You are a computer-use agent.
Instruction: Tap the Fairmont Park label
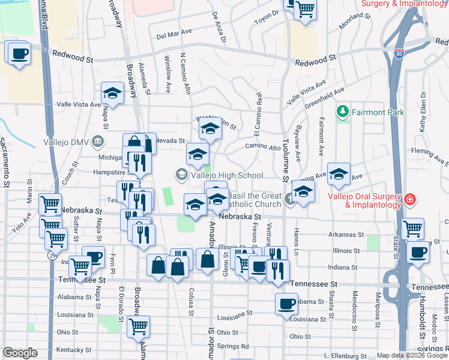[378, 112]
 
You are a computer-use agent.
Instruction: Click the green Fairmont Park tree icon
[343, 112]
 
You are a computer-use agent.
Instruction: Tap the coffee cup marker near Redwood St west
[19, 53]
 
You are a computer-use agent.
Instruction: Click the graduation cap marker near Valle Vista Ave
[112, 94]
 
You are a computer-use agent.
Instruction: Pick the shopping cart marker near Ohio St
[138, 328]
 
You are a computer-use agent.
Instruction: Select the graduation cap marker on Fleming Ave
[339, 174]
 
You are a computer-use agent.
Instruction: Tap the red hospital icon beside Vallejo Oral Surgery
[410, 199]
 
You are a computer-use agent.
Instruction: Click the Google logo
[20, 353]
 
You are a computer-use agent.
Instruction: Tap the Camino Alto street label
[263, 147]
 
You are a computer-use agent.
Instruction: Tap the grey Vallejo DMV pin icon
[98, 142]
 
